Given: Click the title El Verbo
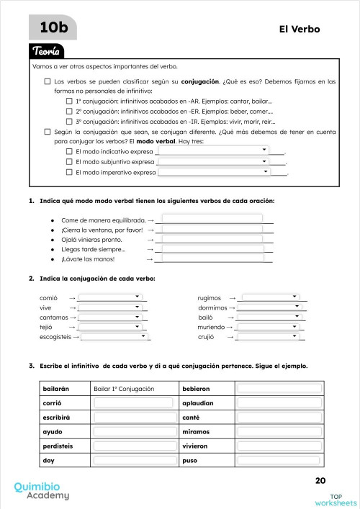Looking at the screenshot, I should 299,30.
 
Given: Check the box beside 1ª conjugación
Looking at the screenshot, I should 69,102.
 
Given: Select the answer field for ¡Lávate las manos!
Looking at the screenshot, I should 212,258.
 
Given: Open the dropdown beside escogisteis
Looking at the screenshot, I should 116,335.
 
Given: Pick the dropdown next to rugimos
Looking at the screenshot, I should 271,297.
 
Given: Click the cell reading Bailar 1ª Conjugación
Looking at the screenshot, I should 133,389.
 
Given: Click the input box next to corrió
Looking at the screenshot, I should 133,404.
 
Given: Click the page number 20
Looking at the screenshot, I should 320,481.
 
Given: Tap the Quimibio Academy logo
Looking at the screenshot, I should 42,491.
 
